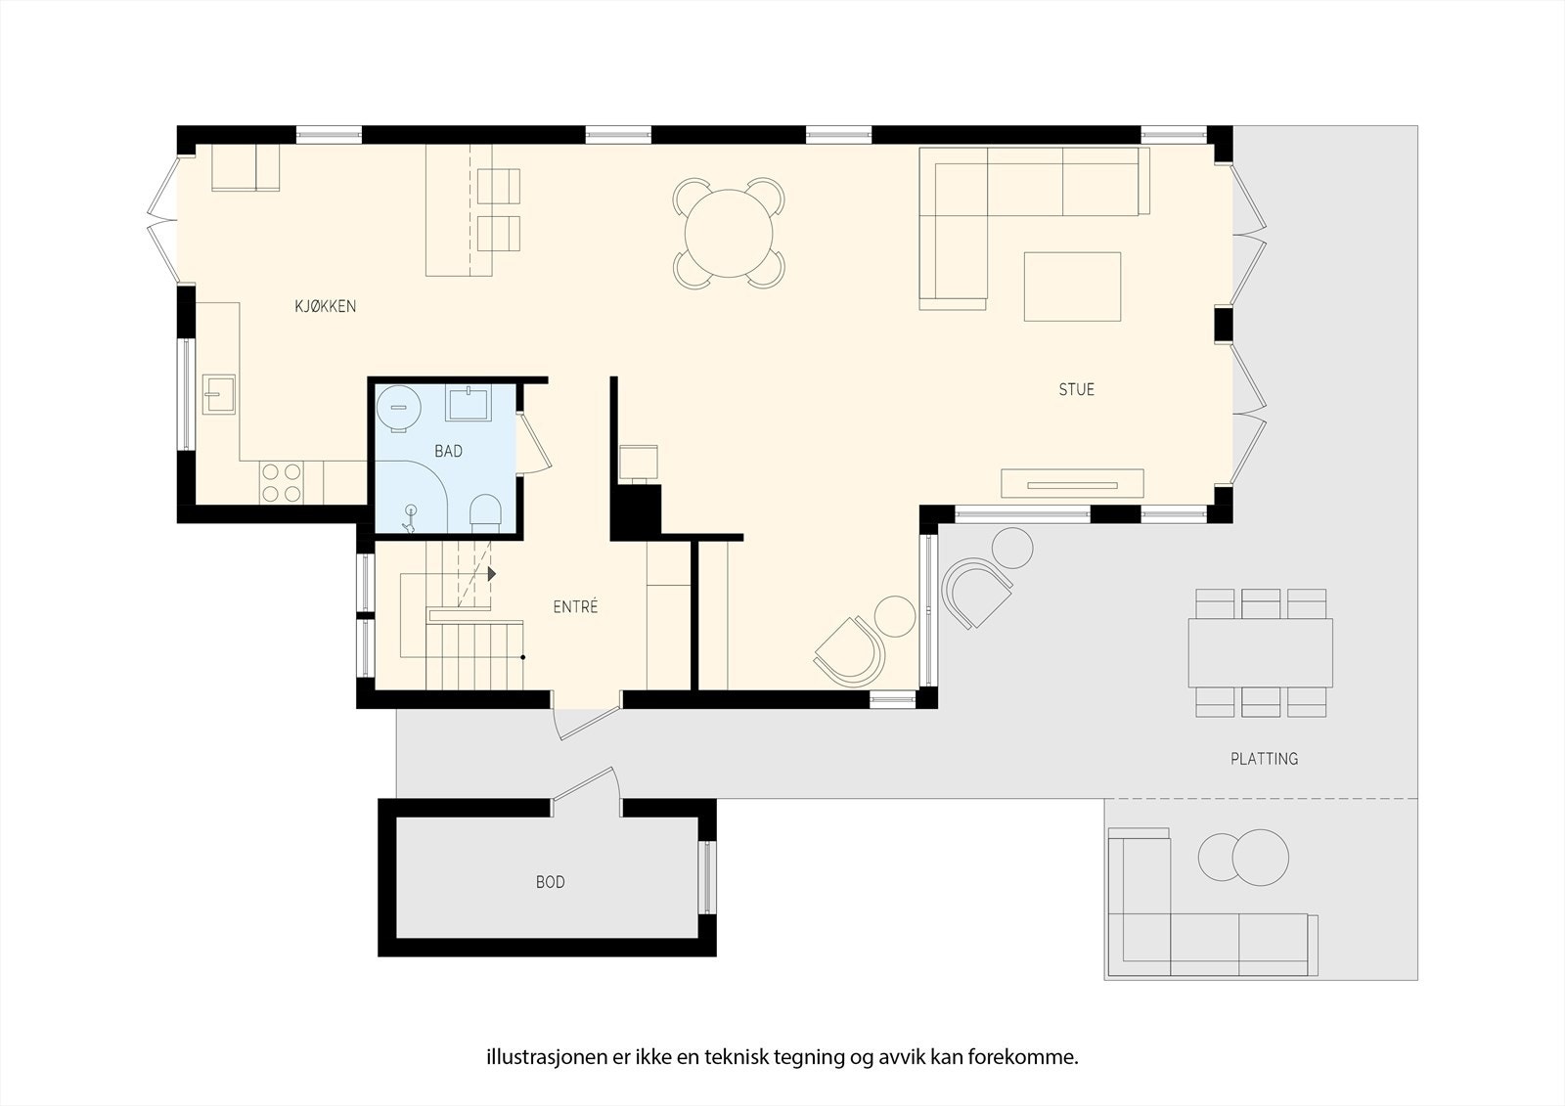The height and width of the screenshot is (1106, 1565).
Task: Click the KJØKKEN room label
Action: (x=325, y=306)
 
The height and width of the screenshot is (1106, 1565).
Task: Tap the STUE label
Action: (x=1076, y=389)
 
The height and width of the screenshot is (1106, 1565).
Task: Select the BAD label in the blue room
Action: (x=448, y=451)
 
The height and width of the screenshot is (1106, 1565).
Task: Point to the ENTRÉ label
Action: (x=575, y=606)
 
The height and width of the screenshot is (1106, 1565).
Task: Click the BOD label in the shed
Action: (x=550, y=882)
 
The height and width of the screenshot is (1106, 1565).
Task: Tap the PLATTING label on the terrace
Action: (x=1264, y=758)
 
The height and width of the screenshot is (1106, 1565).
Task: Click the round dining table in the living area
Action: (x=729, y=234)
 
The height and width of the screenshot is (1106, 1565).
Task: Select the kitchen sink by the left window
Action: (x=219, y=395)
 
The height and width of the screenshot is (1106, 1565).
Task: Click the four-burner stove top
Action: (x=281, y=482)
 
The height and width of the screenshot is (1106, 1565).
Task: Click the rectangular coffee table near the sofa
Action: (x=1072, y=287)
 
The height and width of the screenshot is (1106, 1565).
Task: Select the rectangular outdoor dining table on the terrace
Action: (x=1260, y=652)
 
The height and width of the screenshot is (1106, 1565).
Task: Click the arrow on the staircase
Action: (x=492, y=574)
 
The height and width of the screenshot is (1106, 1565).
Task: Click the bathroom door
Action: (x=534, y=444)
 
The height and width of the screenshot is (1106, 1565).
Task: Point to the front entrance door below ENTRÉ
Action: (x=585, y=722)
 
